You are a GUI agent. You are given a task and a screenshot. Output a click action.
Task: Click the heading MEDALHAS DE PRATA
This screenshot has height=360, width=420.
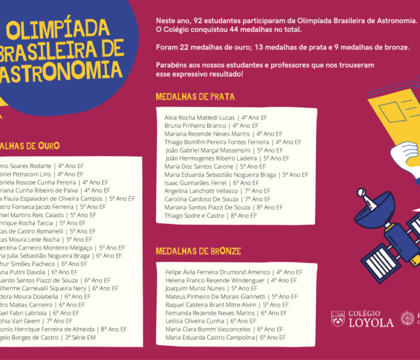click(195, 96)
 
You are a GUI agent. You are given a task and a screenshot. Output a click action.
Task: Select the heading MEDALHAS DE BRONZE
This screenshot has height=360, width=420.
click(199, 251)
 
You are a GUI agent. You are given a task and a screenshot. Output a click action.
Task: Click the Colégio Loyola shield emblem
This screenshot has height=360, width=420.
click(338, 319)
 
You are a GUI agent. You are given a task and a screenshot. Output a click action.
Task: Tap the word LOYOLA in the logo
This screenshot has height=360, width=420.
click(372, 323)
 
